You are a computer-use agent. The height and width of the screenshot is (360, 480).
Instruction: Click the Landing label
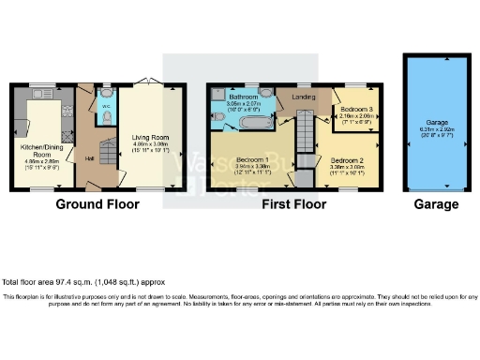click(x=303, y=97)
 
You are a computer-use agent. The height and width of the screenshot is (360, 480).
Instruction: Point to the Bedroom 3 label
click(x=356, y=109)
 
